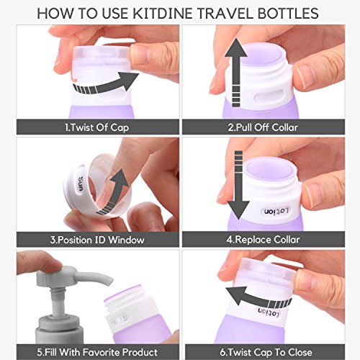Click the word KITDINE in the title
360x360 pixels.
pyautogui.click(x=162, y=13)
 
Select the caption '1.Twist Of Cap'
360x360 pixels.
pyautogui.click(x=97, y=127)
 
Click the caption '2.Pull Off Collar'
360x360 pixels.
pyautogui.click(x=263, y=127)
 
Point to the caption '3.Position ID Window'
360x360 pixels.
pyautogui.click(x=97, y=240)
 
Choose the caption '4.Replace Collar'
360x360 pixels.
pyautogui.click(x=263, y=240)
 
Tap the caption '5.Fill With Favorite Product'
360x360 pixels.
pyautogui.click(x=97, y=352)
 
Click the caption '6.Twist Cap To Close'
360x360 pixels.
pyautogui.click(x=266, y=352)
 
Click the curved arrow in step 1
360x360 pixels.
pyautogui.click(x=106, y=86)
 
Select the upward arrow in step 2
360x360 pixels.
pyautogui.click(x=236, y=72)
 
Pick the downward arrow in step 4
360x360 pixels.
pyautogui.click(x=238, y=185)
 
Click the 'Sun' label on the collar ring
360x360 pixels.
pyautogui.click(x=81, y=184)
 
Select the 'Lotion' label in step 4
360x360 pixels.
pyautogui.click(x=276, y=211)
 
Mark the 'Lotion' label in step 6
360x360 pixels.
pyautogui.click(x=269, y=312)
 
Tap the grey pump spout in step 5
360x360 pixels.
pyautogui.click(x=93, y=279)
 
